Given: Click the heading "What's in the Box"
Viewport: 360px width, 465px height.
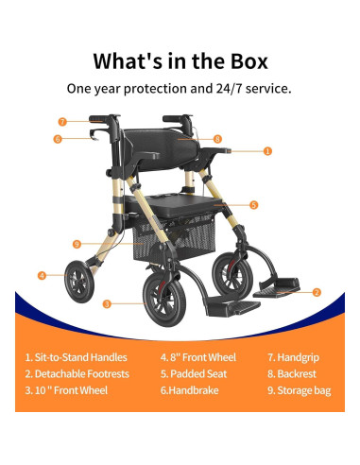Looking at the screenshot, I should click(180, 60).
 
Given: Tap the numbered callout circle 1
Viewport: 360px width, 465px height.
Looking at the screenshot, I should click(267, 150).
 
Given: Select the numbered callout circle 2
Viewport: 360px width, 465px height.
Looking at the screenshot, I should click(317, 292).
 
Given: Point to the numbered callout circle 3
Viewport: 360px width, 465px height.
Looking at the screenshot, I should click(107, 303).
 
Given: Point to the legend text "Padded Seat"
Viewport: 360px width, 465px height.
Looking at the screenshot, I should click(196, 373).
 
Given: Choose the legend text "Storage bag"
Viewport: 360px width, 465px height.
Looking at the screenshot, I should click(304, 388).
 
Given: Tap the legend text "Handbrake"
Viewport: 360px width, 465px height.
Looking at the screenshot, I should click(191, 388).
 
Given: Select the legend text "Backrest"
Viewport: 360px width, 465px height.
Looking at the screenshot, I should click(297, 373).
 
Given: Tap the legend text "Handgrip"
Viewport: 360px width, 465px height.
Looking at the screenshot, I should click(298, 358).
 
